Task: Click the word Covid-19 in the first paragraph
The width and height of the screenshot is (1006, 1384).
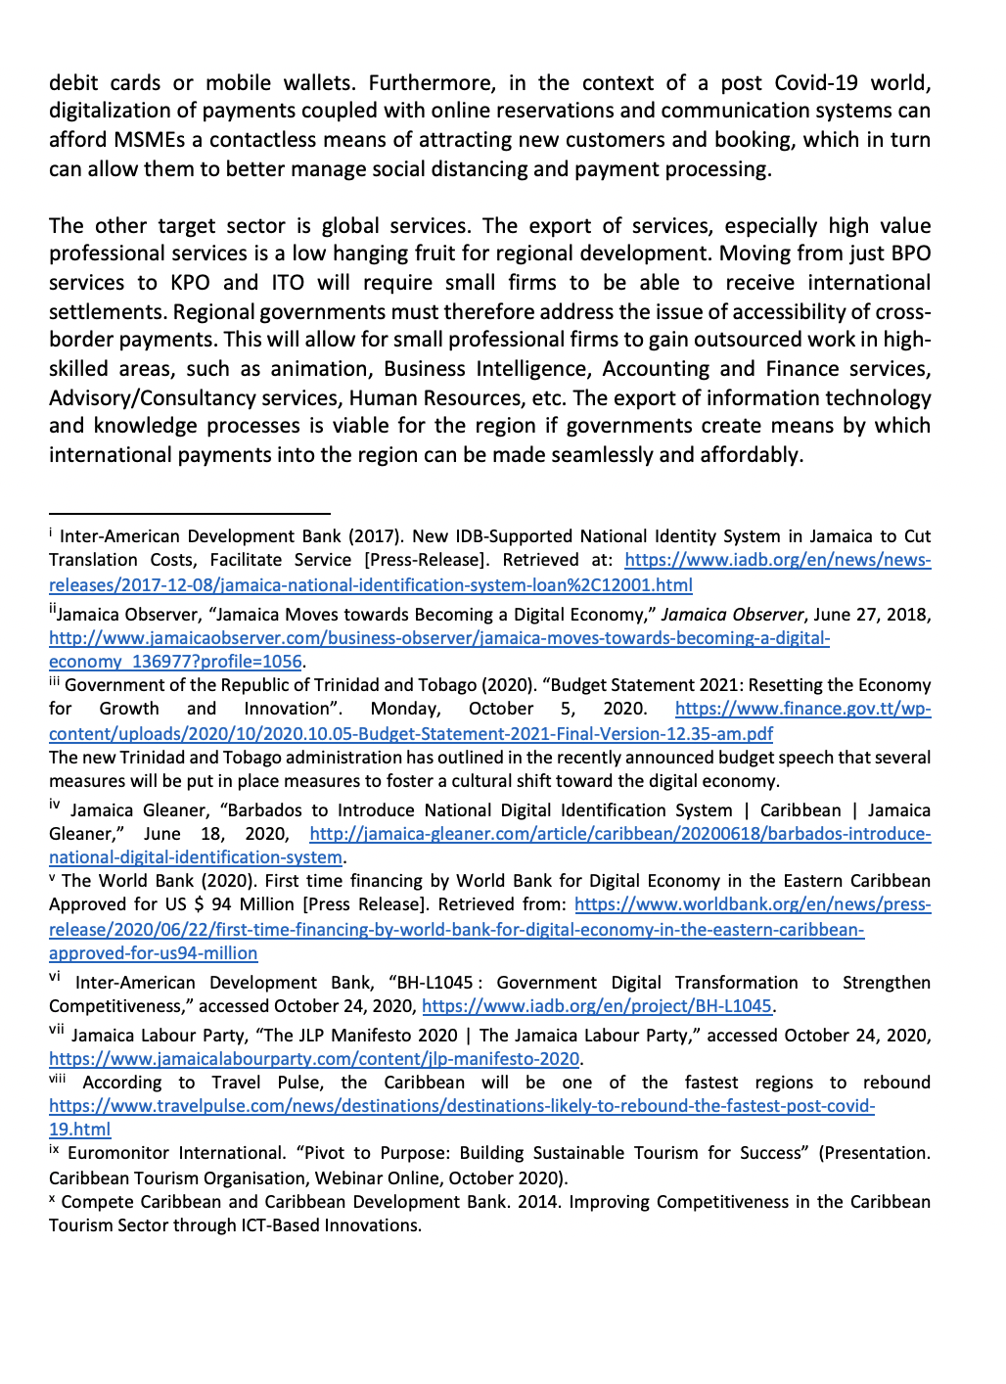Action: [829, 82]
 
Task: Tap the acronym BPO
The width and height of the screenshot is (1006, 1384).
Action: [910, 254]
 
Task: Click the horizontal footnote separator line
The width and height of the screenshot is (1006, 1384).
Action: [190, 512]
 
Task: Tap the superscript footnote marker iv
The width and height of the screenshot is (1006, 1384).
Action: [55, 805]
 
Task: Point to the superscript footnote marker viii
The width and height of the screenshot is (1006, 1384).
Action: [58, 1077]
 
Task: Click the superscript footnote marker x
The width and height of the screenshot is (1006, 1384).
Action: [53, 1197]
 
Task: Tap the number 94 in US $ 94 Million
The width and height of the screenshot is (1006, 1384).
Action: [221, 904]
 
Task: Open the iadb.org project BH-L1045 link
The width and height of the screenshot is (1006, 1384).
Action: [597, 1006]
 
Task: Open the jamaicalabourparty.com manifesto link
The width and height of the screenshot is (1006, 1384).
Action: [314, 1059]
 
